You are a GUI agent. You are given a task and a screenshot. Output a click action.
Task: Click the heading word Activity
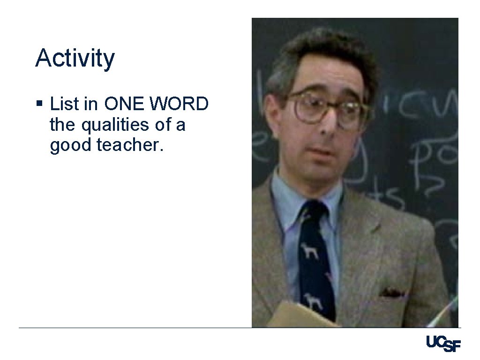tap(75, 59)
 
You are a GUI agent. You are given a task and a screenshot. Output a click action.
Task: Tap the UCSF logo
tap(443, 344)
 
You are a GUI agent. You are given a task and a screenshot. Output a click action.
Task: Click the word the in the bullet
tap(60, 125)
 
